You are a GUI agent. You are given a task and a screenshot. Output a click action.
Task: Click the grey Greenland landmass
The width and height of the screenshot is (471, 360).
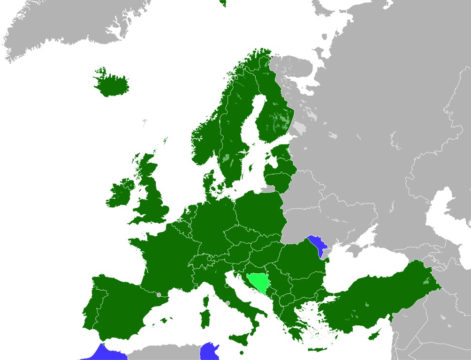click(x=70, y=23)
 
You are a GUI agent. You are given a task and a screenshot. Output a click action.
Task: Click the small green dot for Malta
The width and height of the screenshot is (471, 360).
click(x=241, y=352)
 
